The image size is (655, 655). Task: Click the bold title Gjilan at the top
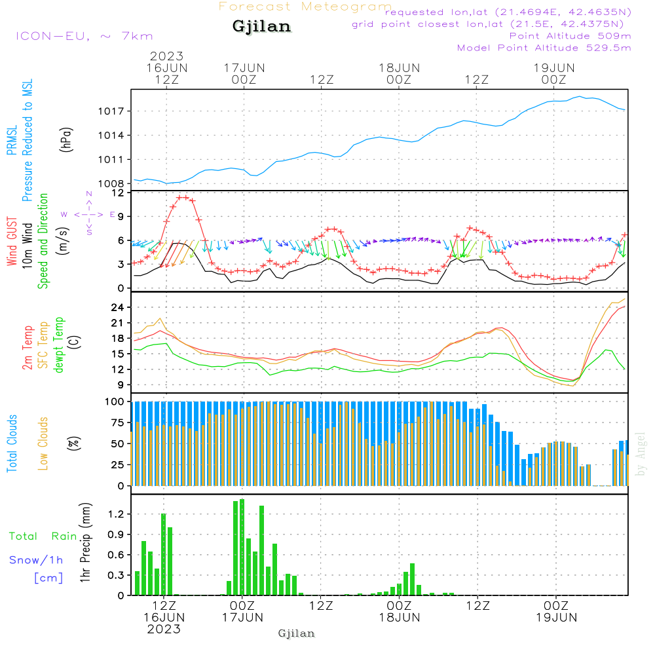(x=261, y=28)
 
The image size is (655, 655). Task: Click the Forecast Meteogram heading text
(x=305, y=7)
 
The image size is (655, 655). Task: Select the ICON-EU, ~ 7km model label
(x=84, y=35)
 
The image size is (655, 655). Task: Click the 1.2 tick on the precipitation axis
(x=115, y=515)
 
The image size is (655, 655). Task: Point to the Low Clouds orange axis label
(x=43, y=443)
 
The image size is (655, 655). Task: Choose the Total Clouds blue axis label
(x=12, y=443)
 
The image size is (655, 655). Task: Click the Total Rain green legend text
(x=43, y=536)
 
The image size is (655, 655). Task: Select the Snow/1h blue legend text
(x=37, y=560)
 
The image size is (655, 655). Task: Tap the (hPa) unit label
(x=67, y=139)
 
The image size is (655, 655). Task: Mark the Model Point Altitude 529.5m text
(x=544, y=48)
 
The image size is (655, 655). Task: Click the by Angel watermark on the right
(x=641, y=453)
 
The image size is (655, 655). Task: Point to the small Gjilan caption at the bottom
(x=296, y=633)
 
